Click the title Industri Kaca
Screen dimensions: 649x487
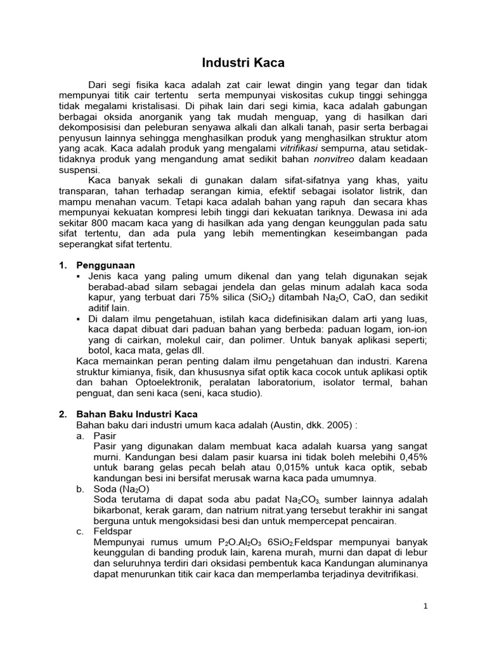coord(243,63)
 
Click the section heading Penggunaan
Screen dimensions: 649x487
coord(105,265)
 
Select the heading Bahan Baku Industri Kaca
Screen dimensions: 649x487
coord(137,414)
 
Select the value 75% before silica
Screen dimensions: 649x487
coord(206,297)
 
